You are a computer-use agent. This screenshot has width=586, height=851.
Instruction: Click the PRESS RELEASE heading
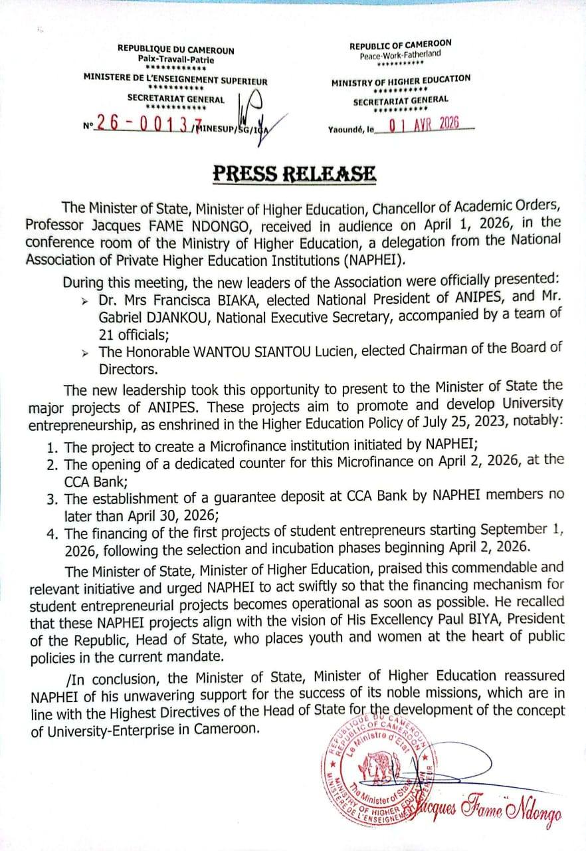point(294,174)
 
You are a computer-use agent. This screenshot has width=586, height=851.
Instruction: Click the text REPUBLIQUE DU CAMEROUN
point(175,50)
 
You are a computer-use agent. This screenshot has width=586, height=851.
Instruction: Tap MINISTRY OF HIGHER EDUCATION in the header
point(401,81)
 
